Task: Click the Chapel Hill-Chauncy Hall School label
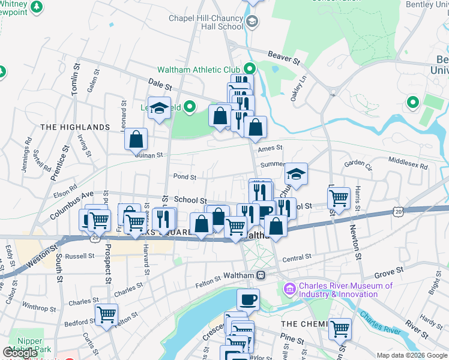[x=205, y=22]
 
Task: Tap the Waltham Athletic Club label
[x=198, y=70]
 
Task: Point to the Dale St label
[x=160, y=86]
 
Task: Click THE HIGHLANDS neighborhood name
[x=75, y=127]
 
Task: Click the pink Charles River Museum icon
[x=290, y=290]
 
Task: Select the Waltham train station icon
[x=261, y=275]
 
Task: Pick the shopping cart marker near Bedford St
[x=106, y=314]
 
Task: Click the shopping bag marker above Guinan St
[x=136, y=139]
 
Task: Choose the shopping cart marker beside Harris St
[x=339, y=197]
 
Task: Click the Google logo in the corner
[x=20, y=352]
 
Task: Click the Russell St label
[x=80, y=256]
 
